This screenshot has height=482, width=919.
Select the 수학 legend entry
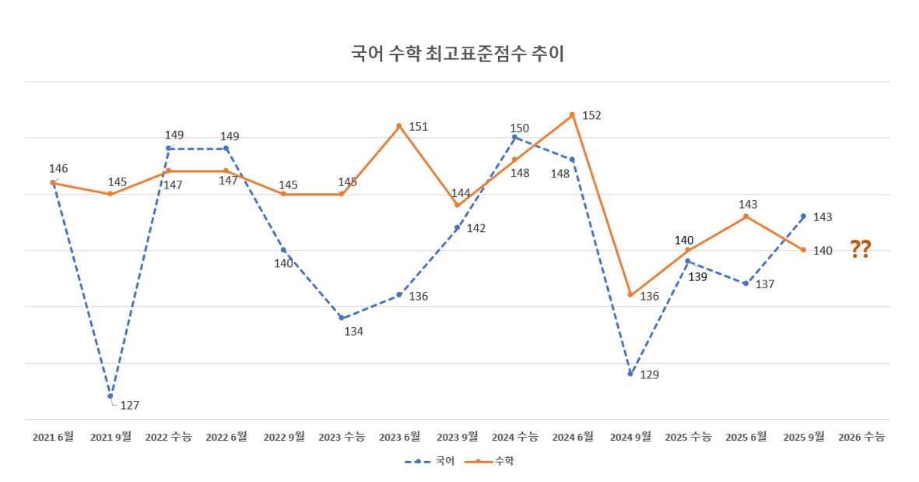click(x=489, y=462)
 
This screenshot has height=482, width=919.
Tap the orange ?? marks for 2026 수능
click(x=860, y=249)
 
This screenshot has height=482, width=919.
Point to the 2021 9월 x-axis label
click(x=110, y=437)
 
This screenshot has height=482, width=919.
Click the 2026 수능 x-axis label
click(x=861, y=437)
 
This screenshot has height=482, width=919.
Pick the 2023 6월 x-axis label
click(x=399, y=437)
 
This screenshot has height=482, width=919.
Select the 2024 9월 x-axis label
click(x=630, y=437)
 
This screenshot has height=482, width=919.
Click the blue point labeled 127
click(x=110, y=396)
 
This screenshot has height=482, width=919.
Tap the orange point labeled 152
click(x=572, y=114)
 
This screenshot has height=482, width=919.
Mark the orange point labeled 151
click(x=399, y=126)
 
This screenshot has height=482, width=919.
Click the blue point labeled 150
click(x=514, y=137)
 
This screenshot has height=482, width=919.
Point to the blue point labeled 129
click(x=630, y=374)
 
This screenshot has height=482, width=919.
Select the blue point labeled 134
click(x=341, y=318)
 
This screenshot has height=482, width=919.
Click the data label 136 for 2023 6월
click(x=419, y=296)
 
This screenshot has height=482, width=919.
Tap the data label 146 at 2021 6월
click(x=58, y=168)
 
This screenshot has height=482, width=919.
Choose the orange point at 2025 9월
click(x=803, y=250)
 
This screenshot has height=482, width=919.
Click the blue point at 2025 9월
click(x=803, y=216)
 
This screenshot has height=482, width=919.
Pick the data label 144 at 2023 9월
click(x=461, y=193)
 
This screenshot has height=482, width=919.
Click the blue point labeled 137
click(x=745, y=283)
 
